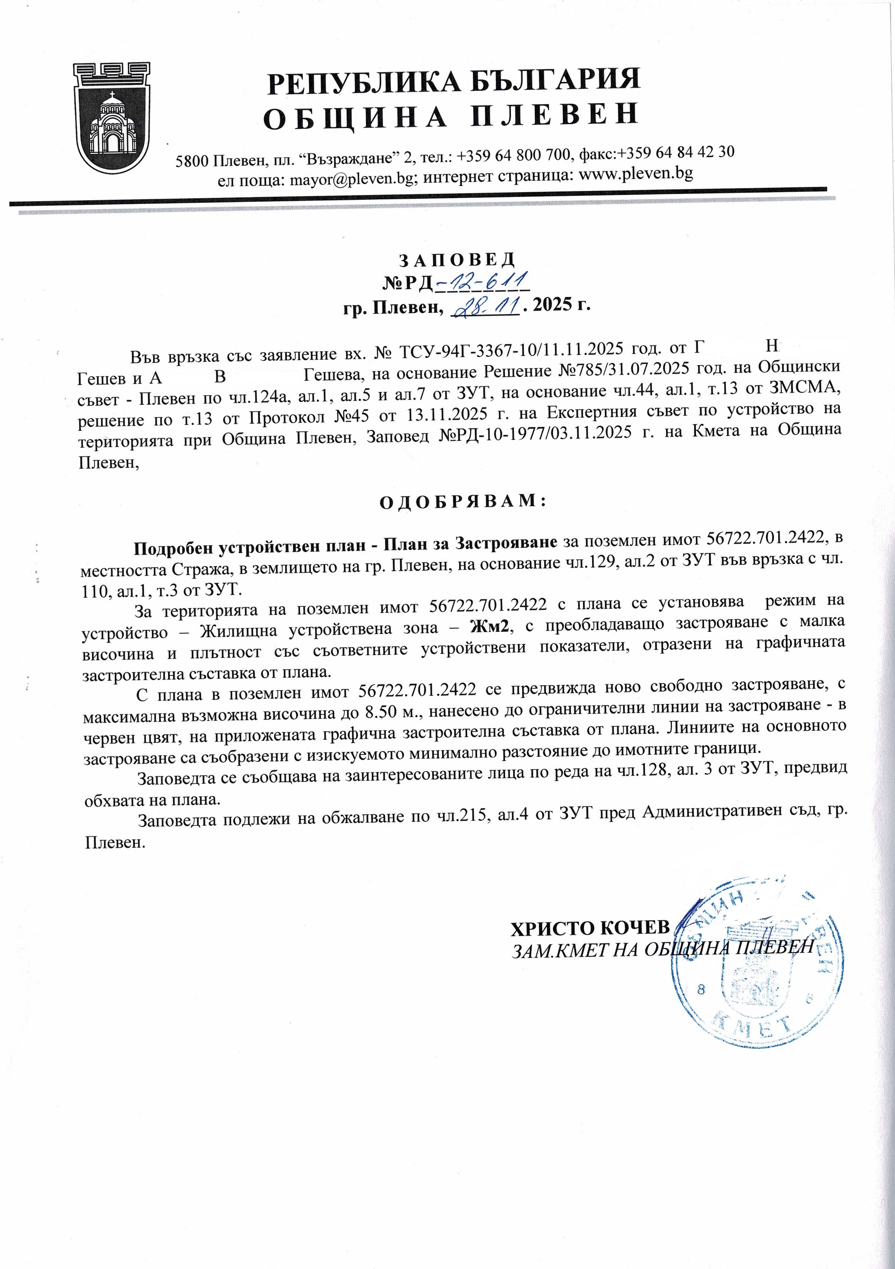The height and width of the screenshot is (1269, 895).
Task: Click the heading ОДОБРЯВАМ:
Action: (x=463, y=501)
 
